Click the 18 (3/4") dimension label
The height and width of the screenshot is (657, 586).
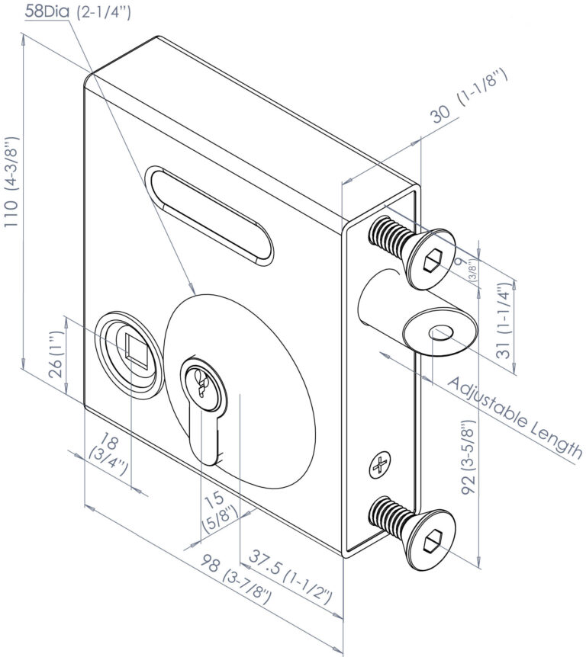pos(102,448)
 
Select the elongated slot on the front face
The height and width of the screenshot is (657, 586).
pos(210,216)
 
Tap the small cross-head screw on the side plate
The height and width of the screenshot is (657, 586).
pos(380,464)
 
